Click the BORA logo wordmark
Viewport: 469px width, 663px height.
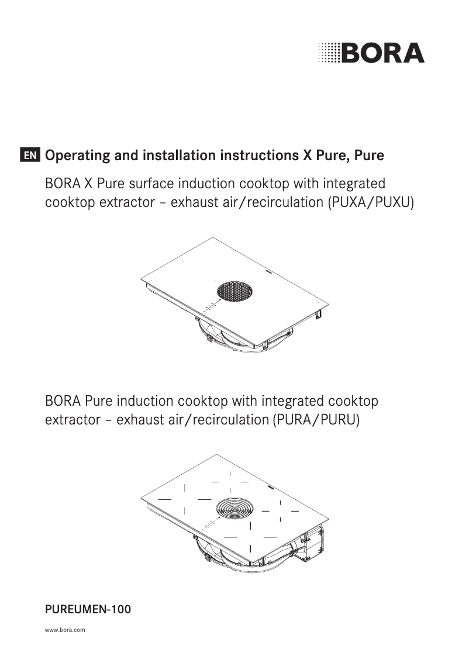click(x=383, y=53)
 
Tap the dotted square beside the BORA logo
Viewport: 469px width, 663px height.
click(x=329, y=53)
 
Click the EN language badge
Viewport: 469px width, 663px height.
click(x=30, y=156)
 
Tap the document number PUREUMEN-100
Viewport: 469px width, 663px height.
click(x=88, y=610)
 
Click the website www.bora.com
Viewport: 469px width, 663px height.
click(x=65, y=631)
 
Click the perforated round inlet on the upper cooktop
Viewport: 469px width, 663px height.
click(x=235, y=290)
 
